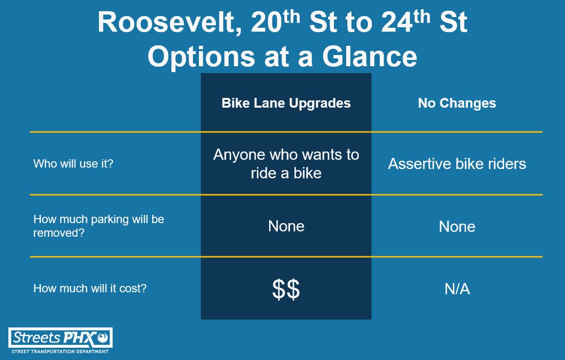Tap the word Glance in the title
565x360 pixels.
coord(370,57)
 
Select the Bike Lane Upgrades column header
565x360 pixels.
coord(286,103)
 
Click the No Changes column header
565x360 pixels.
coord(457,103)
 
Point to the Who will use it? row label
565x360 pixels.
coord(74,164)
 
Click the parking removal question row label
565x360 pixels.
coord(99,226)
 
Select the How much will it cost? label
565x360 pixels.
coord(90,288)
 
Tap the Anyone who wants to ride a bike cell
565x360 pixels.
coord(286,164)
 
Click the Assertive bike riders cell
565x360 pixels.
coord(457,164)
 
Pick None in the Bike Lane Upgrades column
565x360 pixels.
coord(286,227)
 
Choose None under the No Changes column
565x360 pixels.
coord(457,227)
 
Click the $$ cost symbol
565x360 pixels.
coord(286,289)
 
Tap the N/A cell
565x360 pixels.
coord(457,289)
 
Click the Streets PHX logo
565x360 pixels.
coord(60,338)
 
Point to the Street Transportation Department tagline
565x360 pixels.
coord(60,351)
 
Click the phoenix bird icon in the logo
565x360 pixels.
coord(103,337)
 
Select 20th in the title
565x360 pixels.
coord(275,21)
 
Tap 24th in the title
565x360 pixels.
coord(406,21)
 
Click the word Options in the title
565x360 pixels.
coord(201,57)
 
